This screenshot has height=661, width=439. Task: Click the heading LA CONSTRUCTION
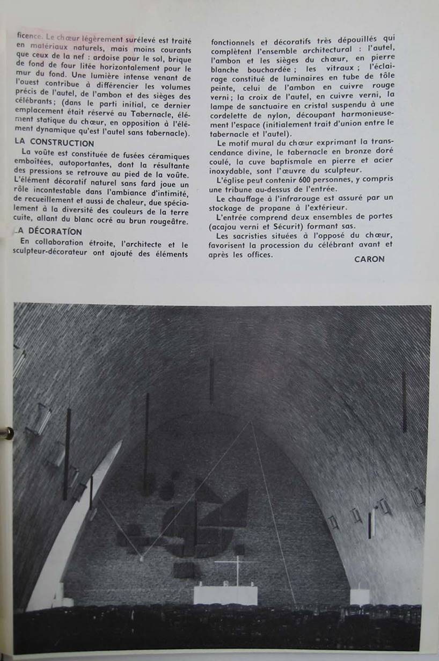point(55,143)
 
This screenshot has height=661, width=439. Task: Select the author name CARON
point(369,259)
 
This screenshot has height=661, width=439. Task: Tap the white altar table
point(225,595)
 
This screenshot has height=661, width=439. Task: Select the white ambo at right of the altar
point(360,596)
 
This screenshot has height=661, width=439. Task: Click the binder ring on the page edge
point(6,433)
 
